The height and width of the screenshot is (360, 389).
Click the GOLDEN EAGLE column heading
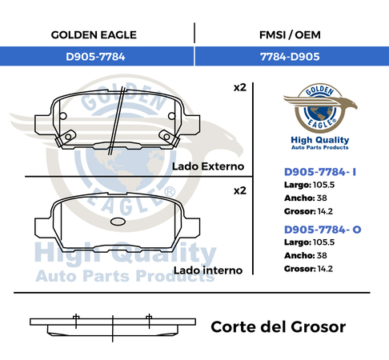click(94, 35)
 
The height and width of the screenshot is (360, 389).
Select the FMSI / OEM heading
click(290, 35)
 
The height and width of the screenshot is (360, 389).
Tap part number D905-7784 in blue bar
click(95, 57)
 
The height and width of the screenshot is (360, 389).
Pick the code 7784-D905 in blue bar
click(290, 57)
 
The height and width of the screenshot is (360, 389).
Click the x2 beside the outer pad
click(240, 87)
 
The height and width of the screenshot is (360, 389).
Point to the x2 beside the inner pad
click(240, 190)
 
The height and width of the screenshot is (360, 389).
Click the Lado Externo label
click(208, 166)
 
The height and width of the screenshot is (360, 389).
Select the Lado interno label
click(208, 270)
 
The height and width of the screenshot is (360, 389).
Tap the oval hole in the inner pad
click(118, 222)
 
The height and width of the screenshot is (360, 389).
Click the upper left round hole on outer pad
click(63, 116)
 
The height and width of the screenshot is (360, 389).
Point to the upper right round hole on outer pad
click(171, 116)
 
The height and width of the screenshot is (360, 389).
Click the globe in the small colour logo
click(320, 114)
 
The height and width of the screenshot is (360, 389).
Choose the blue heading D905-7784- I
click(320, 172)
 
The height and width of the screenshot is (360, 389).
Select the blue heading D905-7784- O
click(323, 230)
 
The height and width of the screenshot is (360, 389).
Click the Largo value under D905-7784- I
click(323, 185)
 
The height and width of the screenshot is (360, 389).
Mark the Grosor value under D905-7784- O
click(325, 269)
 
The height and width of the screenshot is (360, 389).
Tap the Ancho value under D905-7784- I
click(322, 198)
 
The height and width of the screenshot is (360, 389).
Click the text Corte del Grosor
click(279, 327)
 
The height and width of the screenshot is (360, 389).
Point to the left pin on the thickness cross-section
click(76, 321)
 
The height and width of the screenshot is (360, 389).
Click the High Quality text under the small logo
click(320, 140)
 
